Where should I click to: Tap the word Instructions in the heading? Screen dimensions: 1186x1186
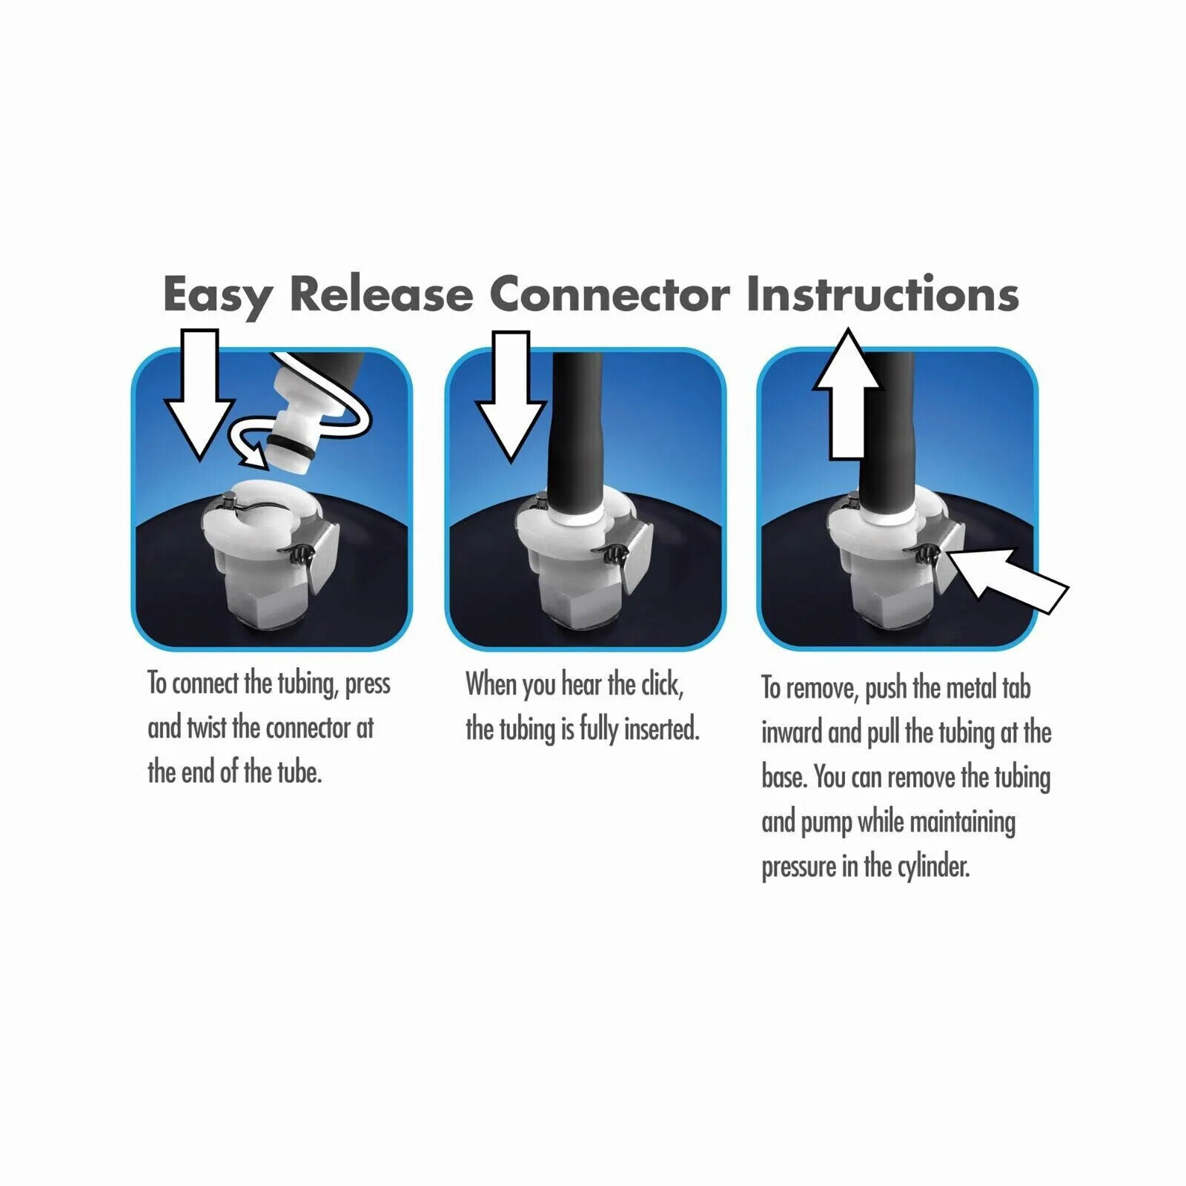[x=882, y=295]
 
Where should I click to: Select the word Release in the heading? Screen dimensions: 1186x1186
[x=381, y=295]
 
